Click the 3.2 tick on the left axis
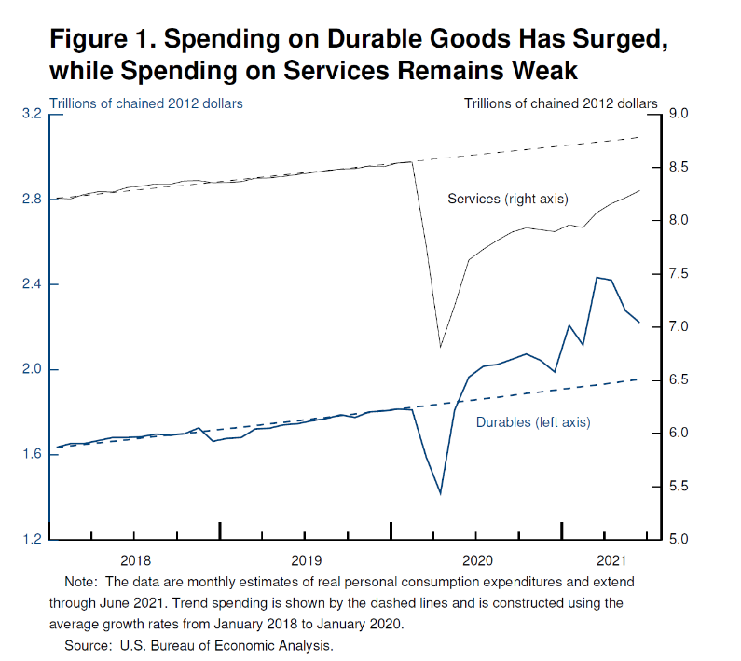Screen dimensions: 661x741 (x=32, y=114)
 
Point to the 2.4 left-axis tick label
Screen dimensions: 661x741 (x=32, y=284)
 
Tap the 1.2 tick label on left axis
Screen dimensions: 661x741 (x=32, y=540)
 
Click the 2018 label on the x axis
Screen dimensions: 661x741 (x=135, y=560)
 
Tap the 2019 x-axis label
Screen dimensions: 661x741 (x=306, y=560)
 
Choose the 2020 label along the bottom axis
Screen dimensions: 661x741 (x=476, y=560)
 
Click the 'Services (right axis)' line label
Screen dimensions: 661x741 (x=508, y=199)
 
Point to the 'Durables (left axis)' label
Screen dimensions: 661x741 (x=533, y=422)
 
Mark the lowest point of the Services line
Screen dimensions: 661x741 (x=440, y=348)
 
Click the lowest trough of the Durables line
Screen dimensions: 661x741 (x=440, y=494)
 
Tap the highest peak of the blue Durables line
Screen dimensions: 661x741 (x=597, y=278)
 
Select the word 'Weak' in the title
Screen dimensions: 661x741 (x=549, y=71)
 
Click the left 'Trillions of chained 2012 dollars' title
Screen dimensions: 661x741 (x=146, y=103)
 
